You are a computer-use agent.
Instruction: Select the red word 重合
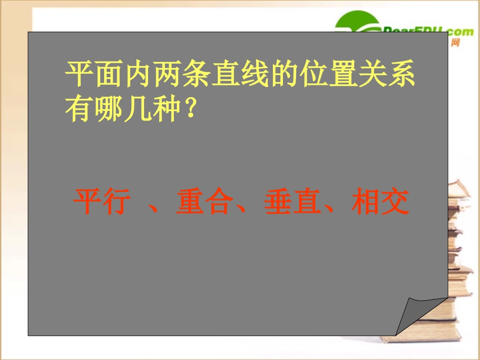pos(204,202)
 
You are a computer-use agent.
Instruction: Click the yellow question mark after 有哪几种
pos(190,109)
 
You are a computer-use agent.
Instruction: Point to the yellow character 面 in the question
pos(108,76)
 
